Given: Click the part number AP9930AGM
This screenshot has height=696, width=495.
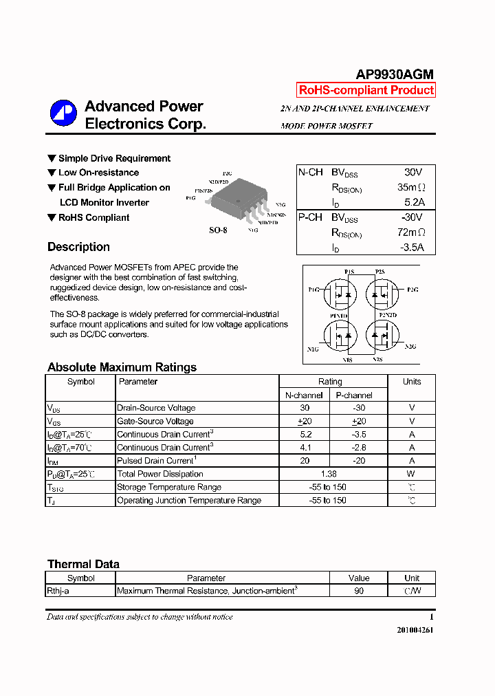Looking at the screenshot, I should pyautogui.click(x=395, y=75).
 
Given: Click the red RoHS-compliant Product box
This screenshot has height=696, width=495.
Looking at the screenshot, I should pyautogui.click(x=366, y=90).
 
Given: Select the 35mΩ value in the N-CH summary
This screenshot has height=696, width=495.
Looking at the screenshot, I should pyautogui.click(x=411, y=187).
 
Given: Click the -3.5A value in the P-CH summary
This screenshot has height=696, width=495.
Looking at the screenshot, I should pyautogui.click(x=412, y=248).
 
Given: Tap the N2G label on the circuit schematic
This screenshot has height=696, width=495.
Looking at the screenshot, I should pyautogui.click(x=410, y=347).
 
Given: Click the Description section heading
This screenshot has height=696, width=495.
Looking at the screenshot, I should pyautogui.click(x=78, y=247).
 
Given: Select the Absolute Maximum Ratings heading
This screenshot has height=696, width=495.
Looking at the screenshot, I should pyautogui.click(x=122, y=367).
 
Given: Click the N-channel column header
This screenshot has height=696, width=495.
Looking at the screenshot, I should pyautogui.click(x=304, y=395).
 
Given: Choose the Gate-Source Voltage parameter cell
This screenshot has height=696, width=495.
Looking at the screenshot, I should pyautogui.click(x=155, y=422).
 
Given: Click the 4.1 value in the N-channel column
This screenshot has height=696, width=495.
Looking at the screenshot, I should pyautogui.click(x=305, y=448).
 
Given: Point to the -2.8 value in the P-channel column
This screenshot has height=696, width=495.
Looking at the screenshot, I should pyautogui.click(x=358, y=448).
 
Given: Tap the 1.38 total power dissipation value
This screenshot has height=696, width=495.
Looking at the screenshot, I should pyautogui.click(x=329, y=474).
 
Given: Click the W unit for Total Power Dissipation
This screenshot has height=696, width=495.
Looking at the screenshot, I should pyautogui.click(x=411, y=474).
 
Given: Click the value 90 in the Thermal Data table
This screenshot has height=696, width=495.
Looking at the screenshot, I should pyautogui.click(x=359, y=591).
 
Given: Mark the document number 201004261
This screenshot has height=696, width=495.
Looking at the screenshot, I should pyautogui.click(x=415, y=630).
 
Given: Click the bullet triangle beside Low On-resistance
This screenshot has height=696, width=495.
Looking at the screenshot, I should pyautogui.click(x=52, y=173).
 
